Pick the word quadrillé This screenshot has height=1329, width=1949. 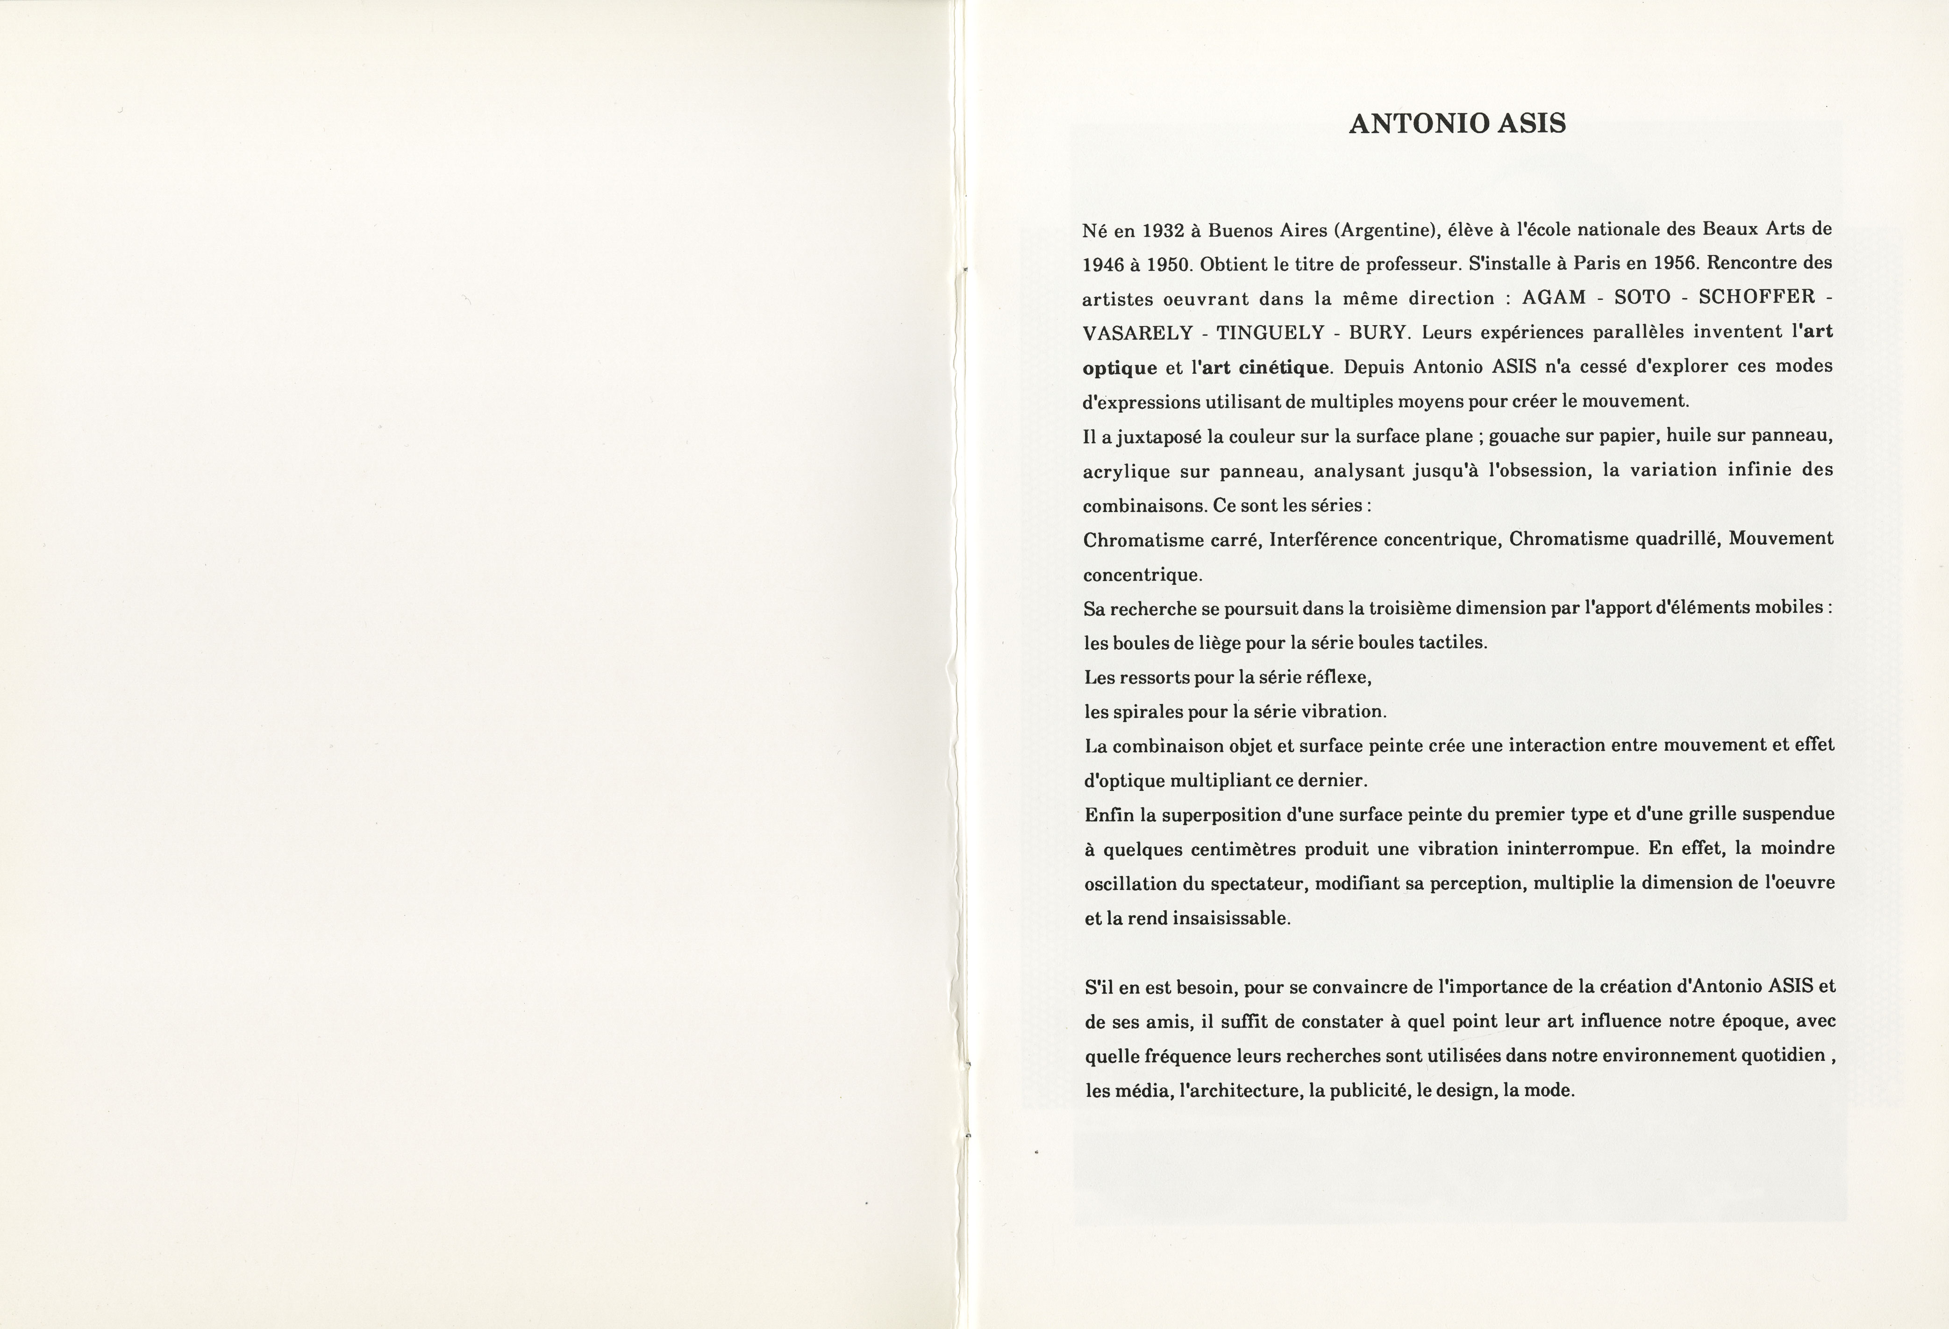click(1678, 539)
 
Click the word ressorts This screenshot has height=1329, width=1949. click(1155, 677)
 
